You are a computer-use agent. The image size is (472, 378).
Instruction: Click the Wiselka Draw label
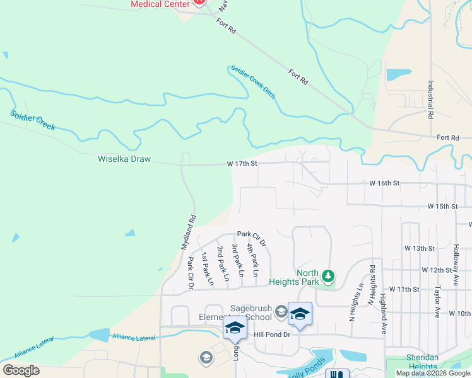click(x=124, y=159)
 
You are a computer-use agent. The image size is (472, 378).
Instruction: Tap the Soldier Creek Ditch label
click(x=253, y=81)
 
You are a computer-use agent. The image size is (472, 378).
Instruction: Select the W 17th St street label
click(x=243, y=163)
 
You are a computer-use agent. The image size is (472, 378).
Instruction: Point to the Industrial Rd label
click(x=430, y=100)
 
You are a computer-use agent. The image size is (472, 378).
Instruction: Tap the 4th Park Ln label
click(x=253, y=260)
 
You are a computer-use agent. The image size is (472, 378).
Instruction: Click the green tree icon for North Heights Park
click(x=327, y=276)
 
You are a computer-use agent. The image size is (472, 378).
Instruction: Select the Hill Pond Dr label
click(x=271, y=335)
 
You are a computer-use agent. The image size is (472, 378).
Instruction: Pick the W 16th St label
click(x=384, y=183)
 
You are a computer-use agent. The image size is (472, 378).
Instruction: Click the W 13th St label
click(x=420, y=249)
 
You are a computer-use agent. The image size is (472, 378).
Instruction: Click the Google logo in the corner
click(x=21, y=370)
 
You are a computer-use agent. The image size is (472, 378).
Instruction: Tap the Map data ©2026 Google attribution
click(x=433, y=374)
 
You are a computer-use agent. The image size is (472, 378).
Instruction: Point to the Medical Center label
click(x=160, y=4)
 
